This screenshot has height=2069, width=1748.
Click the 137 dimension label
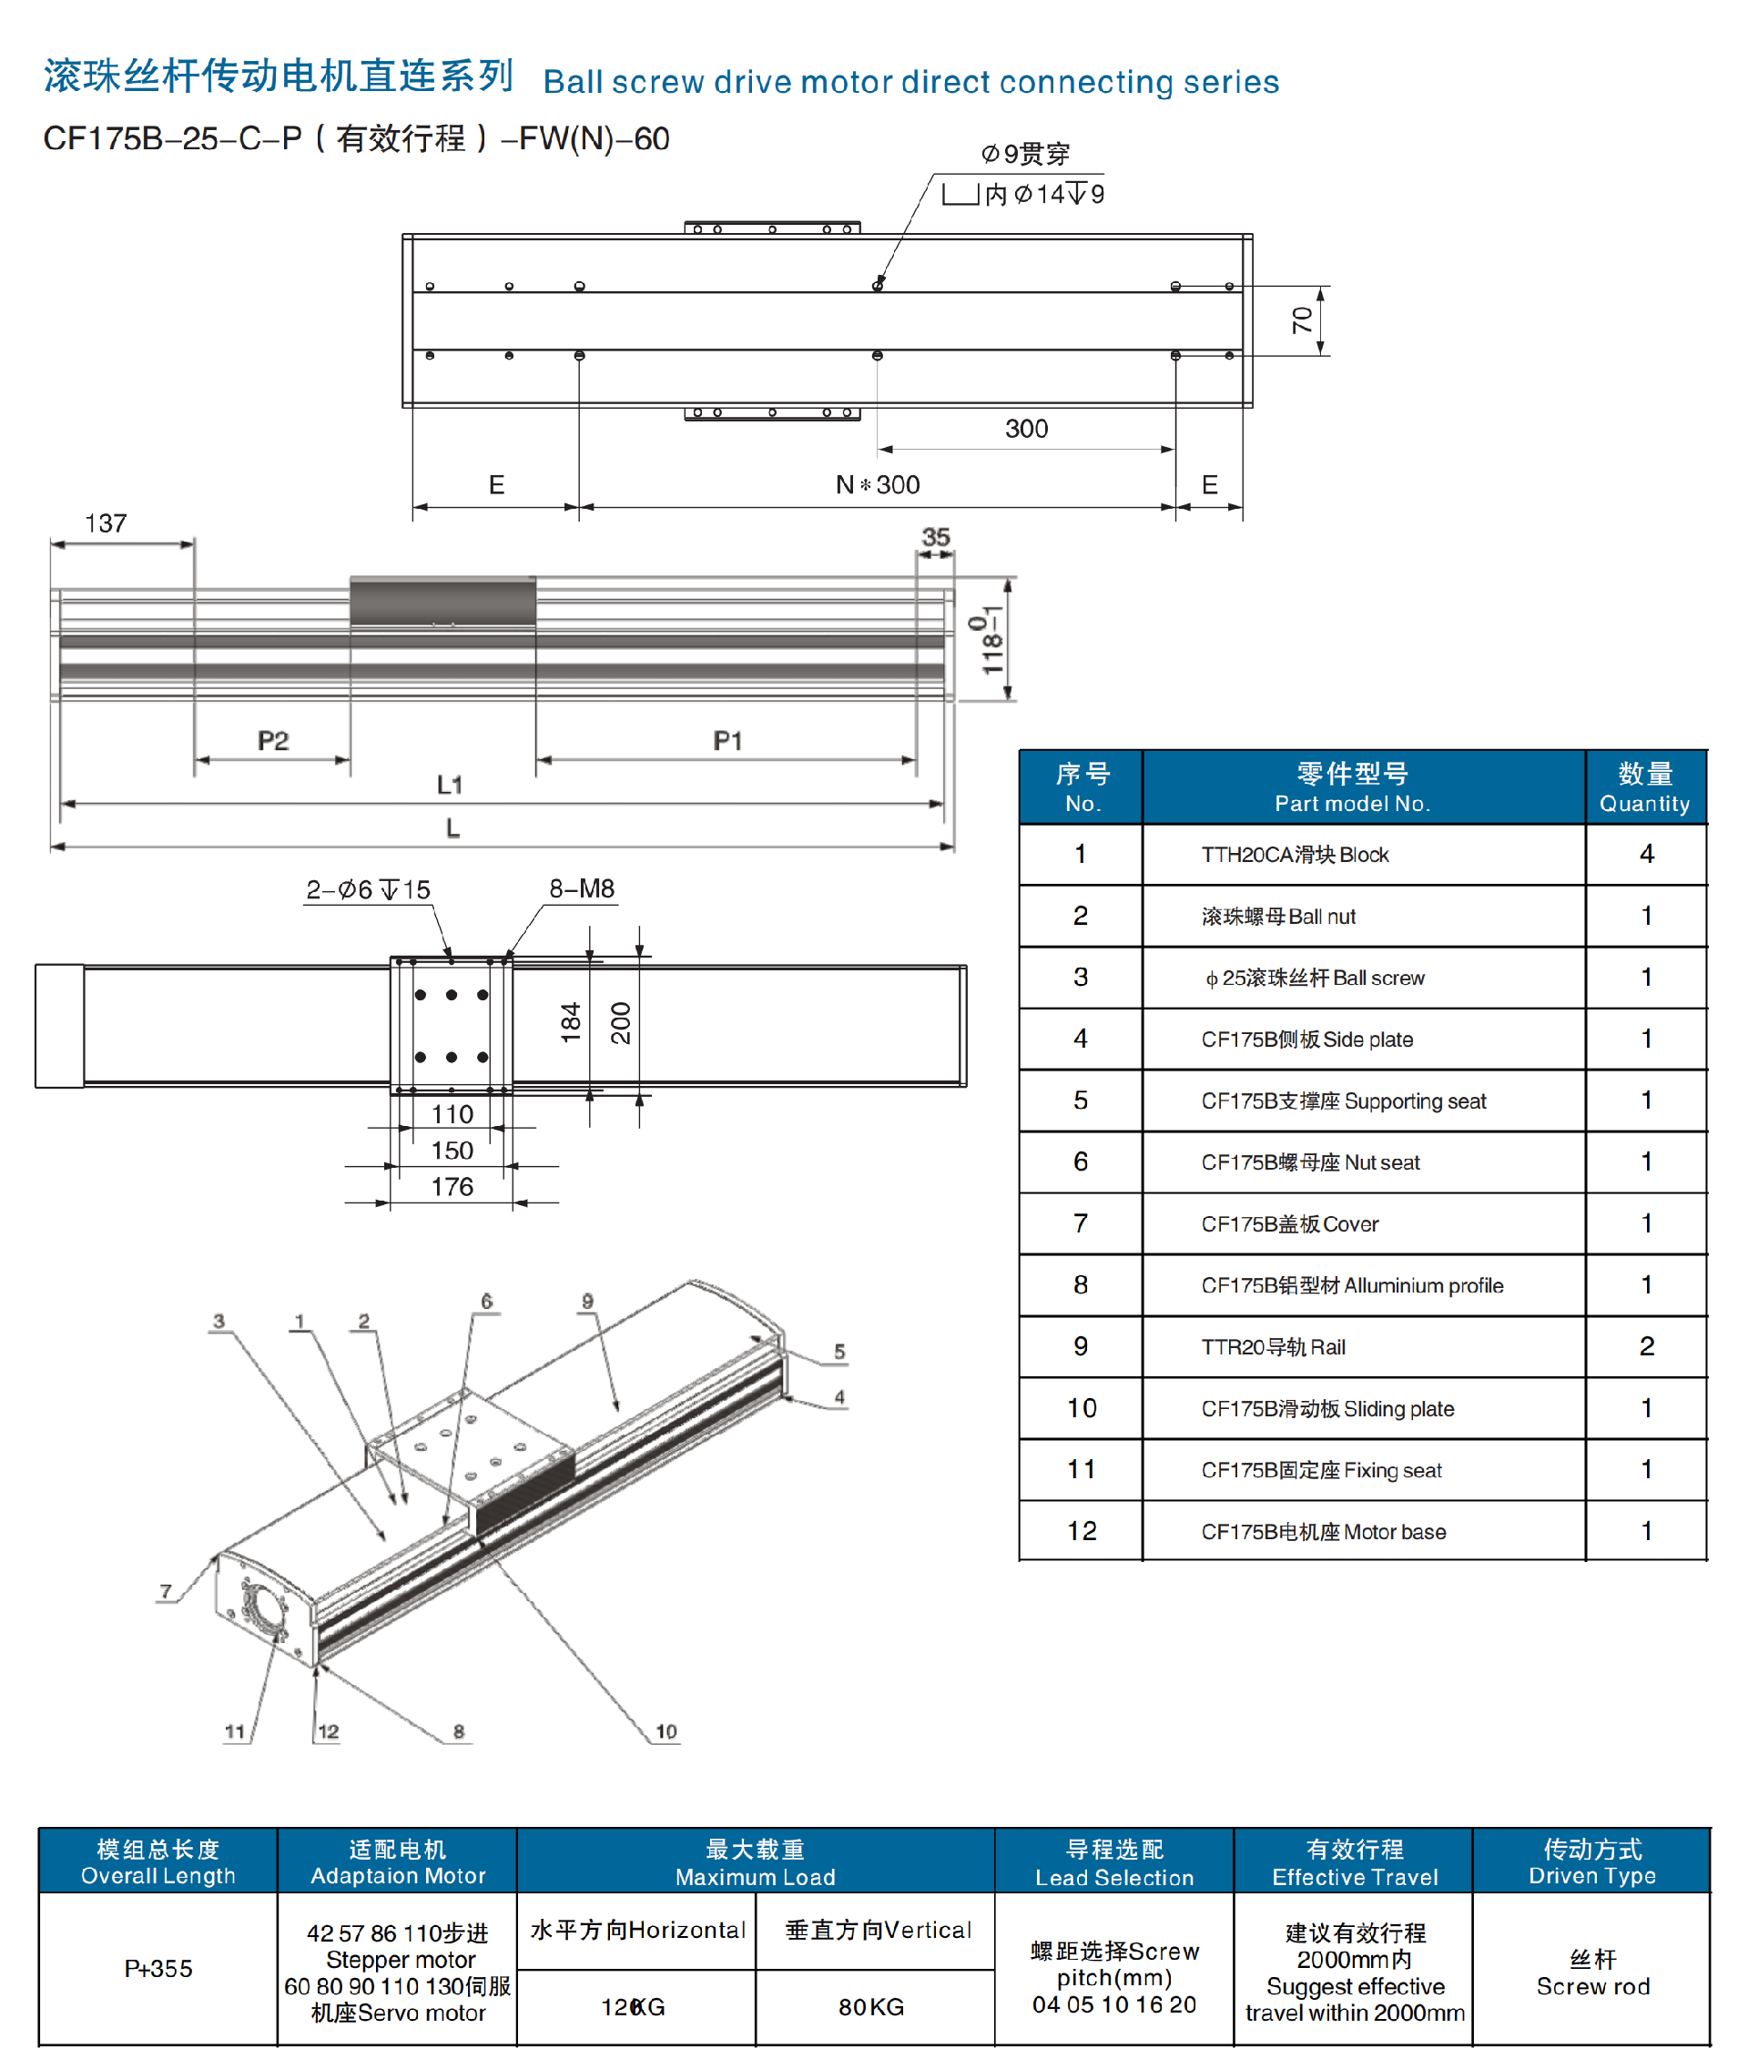click(x=106, y=523)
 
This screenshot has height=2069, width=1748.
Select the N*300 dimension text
click(x=878, y=484)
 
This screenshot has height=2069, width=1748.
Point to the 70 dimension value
click(x=1302, y=319)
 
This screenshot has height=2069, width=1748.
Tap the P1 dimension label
click(x=727, y=740)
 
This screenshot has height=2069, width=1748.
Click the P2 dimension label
click(x=272, y=740)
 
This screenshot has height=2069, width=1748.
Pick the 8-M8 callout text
click(x=582, y=888)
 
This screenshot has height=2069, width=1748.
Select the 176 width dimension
click(x=452, y=1186)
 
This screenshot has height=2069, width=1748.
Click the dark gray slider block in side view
click(x=443, y=603)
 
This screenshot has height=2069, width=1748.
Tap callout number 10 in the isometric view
click(x=666, y=1731)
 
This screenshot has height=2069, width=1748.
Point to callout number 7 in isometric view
click(x=167, y=1591)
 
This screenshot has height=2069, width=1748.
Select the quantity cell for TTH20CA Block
click(x=1646, y=854)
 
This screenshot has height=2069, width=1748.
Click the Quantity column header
click(x=1645, y=787)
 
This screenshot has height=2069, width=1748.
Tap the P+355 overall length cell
click(x=158, y=1968)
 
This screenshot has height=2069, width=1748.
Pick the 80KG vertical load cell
click(x=872, y=2006)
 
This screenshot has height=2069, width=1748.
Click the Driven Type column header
click(x=1591, y=1861)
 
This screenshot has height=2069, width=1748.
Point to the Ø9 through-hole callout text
click(x=1026, y=155)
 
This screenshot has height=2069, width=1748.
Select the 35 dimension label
click(x=935, y=537)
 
